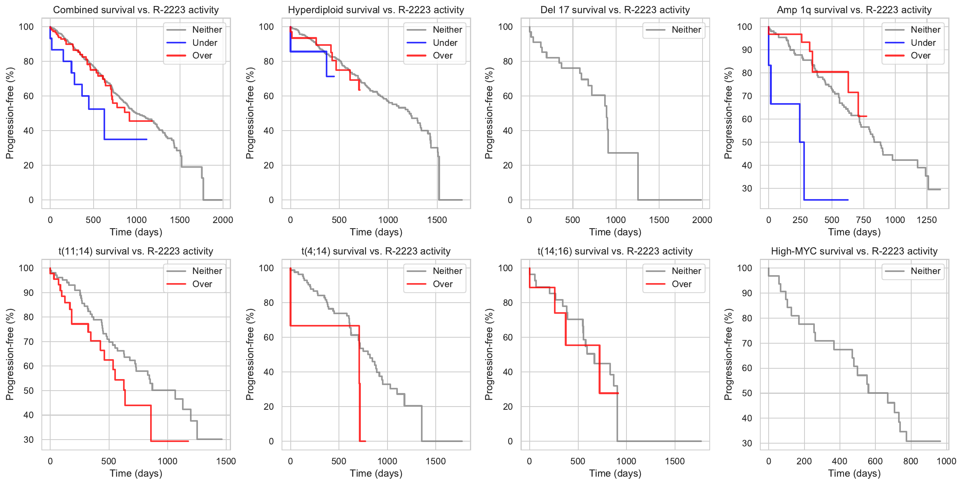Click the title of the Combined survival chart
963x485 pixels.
point(136,10)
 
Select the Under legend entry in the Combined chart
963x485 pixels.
point(204,43)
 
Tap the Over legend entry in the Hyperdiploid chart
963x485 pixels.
point(442,56)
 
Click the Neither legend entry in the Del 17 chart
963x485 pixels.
point(686,30)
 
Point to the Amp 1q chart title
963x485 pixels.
point(854,10)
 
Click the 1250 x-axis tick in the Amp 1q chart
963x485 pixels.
point(926,220)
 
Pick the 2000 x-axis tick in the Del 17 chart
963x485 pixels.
point(702,220)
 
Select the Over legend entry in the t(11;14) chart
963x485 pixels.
point(202,284)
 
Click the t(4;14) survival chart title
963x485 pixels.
point(376,251)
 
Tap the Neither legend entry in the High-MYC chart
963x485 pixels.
point(925,271)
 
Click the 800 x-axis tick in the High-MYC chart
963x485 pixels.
point(911,461)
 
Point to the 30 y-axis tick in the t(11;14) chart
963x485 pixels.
point(29,440)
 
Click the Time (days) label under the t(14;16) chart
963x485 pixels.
point(615,473)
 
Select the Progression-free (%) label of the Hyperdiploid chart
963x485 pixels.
point(250,113)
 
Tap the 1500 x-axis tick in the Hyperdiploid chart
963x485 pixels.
point(437,220)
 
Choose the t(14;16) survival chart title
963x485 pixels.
point(615,251)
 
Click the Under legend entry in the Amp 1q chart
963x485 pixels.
point(923,43)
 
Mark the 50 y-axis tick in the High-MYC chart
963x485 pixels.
point(747,393)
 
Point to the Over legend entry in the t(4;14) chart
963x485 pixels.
point(442,284)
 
